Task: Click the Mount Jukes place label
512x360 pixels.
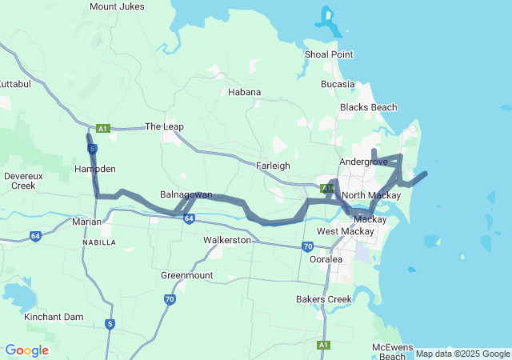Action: [117, 6]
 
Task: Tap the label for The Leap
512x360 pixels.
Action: [163, 126]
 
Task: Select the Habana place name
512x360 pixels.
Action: [244, 92]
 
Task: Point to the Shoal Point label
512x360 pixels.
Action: [329, 54]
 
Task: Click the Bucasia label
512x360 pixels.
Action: [337, 84]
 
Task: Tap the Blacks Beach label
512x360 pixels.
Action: [368, 107]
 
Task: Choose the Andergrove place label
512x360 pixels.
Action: [363, 162]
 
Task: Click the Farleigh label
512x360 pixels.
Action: [272, 166]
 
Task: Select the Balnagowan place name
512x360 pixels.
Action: [186, 195]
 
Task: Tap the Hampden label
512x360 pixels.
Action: [95, 170]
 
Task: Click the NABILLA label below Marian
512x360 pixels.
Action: [99, 242]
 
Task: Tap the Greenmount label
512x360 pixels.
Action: [187, 275]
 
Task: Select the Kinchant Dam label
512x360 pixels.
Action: [54, 318]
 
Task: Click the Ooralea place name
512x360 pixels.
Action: [326, 259]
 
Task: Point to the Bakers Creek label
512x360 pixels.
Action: [322, 299]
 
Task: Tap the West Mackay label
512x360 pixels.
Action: [345, 232]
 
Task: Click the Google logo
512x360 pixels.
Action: [26, 350]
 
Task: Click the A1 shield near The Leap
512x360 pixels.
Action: [102, 128]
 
